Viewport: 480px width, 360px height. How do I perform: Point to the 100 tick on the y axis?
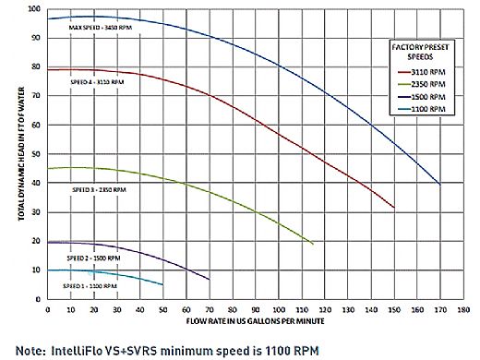click(x=34, y=9)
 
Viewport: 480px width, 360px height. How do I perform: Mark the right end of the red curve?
click(x=394, y=208)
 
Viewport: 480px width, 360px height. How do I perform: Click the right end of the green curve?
click(x=313, y=244)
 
